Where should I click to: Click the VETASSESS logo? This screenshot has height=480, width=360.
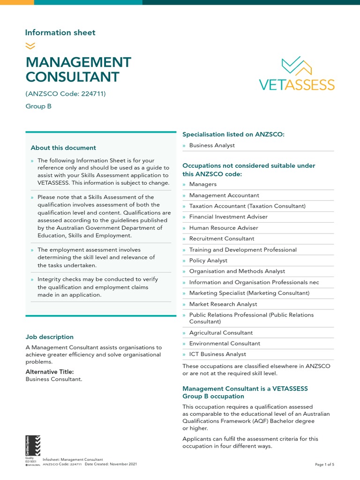pyautogui.click(x=297, y=74)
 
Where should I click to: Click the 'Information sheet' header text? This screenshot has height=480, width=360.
pyautogui.click(x=60, y=33)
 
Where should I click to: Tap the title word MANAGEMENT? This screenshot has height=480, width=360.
pyautogui.click(x=78, y=62)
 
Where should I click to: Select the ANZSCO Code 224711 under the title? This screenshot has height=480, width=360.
pyautogui.click(x=66, y=94)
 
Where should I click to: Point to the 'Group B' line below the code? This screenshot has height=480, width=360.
pyautogui.click(x=38, y=106)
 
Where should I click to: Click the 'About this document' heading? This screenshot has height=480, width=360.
pyautogui.click(x=63, y=148)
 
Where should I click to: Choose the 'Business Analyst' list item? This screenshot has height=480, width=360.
pyautogui.click(x=212, y=145)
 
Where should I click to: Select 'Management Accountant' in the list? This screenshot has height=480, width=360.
pyautogui.click(x=224, y=195)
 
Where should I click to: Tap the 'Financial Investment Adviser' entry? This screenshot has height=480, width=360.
pyautogui.click(x=228, y=217)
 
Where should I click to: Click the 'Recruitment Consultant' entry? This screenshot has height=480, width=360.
pyautogui.click(x=222, y=239)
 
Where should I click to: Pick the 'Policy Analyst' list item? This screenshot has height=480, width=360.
pyautogui.click(x=208, y=261)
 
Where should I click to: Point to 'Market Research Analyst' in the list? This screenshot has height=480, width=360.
pyautogui.click(x=223, y=304)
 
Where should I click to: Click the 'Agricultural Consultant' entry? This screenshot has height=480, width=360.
pyautogui.click(x=221, y=333)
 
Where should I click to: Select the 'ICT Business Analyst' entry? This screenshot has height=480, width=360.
pyautogui.click(x=217, y=354)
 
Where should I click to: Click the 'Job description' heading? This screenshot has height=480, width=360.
pyautogui.click(x=49, y=337)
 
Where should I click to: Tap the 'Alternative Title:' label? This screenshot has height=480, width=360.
pyautogui.click(x=49, y=372)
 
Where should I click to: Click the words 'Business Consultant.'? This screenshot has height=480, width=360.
pyautogui.click(x=54, y=379)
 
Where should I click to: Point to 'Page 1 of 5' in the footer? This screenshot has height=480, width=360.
pyautogui.click(x=325, y=465)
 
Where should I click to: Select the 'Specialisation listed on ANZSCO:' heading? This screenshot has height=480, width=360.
pyautogui.click(x=233, y=135)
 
